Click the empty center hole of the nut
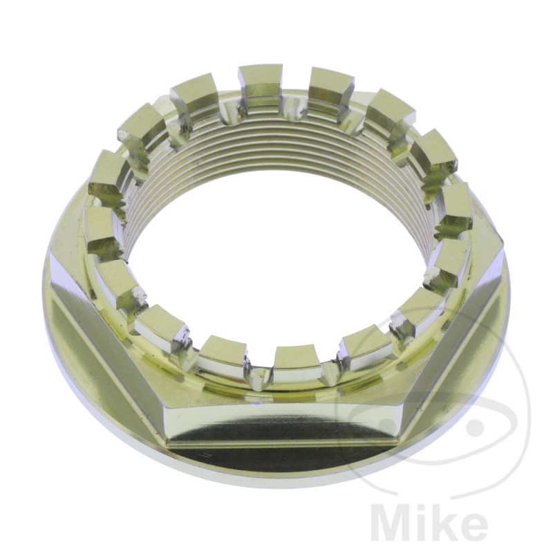pyautogui.click(x=276, y=263)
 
